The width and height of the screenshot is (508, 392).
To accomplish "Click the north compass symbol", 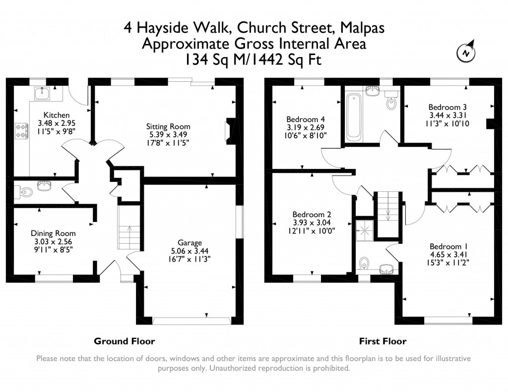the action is tap(466, 52).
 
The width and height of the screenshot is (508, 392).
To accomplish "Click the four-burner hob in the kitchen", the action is tap(22, 131).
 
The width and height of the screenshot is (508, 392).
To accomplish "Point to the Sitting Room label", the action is tap(168, 126).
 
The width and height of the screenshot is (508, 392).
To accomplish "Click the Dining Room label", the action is tap(53, 233).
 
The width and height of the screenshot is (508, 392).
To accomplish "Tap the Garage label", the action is tap(190, 243).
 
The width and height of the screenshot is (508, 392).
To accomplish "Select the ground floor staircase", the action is tap(129, 228).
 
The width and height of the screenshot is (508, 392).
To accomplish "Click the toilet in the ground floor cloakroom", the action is tap(24, 192).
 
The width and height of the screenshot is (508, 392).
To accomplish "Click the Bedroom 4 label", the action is tap(306, 119).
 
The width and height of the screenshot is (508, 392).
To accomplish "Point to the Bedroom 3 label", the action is tap(447, 107).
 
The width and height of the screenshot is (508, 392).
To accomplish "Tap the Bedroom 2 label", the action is tap(312, 215).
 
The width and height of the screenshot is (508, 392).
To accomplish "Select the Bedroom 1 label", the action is tap(448, 247).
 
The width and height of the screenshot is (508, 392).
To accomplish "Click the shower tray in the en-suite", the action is tap(365, 230).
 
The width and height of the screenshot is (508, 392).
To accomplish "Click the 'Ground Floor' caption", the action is tap(125, 341).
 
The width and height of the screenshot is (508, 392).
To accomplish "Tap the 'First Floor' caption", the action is tap(382, 341).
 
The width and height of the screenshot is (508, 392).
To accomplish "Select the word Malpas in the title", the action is tap(362, 28).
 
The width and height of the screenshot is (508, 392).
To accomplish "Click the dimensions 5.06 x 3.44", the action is tap(190, 251).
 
